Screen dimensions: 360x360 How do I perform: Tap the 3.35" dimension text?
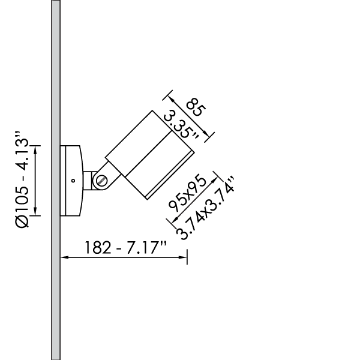tap(182, 123)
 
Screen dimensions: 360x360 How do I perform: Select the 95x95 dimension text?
tap(187, 194)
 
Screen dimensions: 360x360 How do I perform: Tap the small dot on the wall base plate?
tap(71, 180)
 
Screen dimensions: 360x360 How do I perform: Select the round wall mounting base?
tap(72, 180)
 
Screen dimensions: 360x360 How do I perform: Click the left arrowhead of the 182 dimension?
tap(64, 257)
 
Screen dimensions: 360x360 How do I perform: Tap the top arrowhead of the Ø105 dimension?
tap(36, 149)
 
